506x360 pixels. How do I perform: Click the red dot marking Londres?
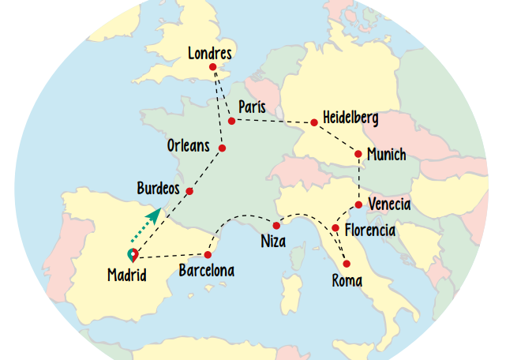click(212, 68)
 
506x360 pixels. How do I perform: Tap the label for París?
click(251, 107)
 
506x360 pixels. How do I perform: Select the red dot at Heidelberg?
click(314, 122)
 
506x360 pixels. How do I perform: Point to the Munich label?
click(386, 155)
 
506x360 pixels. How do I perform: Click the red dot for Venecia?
click(359, 205)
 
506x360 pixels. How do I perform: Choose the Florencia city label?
click(369, 231)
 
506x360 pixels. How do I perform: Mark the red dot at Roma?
click(346, 263)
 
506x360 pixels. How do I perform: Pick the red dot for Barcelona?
click(208, 254)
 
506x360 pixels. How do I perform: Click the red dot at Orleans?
click(222, 148)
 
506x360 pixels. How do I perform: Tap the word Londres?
click(210, 54)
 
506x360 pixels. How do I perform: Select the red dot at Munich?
click(358, 154)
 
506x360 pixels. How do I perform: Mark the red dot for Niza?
click(276, 226)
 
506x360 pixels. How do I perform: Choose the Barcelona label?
click(206, 271)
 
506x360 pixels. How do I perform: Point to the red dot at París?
click(231, 121)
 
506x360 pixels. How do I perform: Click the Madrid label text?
click(126, 276)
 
